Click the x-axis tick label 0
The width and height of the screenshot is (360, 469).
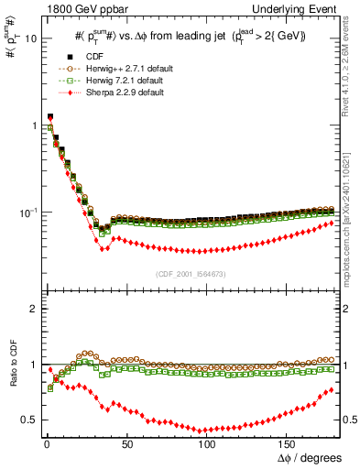click(46, 442)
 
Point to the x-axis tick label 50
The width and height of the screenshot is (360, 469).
click(125, 442)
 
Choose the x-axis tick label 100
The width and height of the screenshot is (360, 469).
click(207, 442)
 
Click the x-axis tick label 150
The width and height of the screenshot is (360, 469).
click(288, 442)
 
